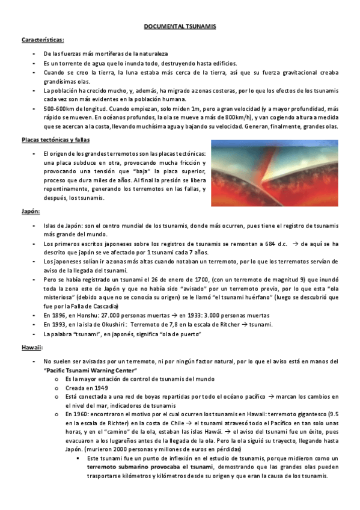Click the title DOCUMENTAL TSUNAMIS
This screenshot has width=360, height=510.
tap(180, 27)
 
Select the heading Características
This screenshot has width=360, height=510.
tap(43, 40)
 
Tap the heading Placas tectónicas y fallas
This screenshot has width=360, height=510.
tap(55, 140)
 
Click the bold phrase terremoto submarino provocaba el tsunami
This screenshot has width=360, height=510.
tap(150, 466)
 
